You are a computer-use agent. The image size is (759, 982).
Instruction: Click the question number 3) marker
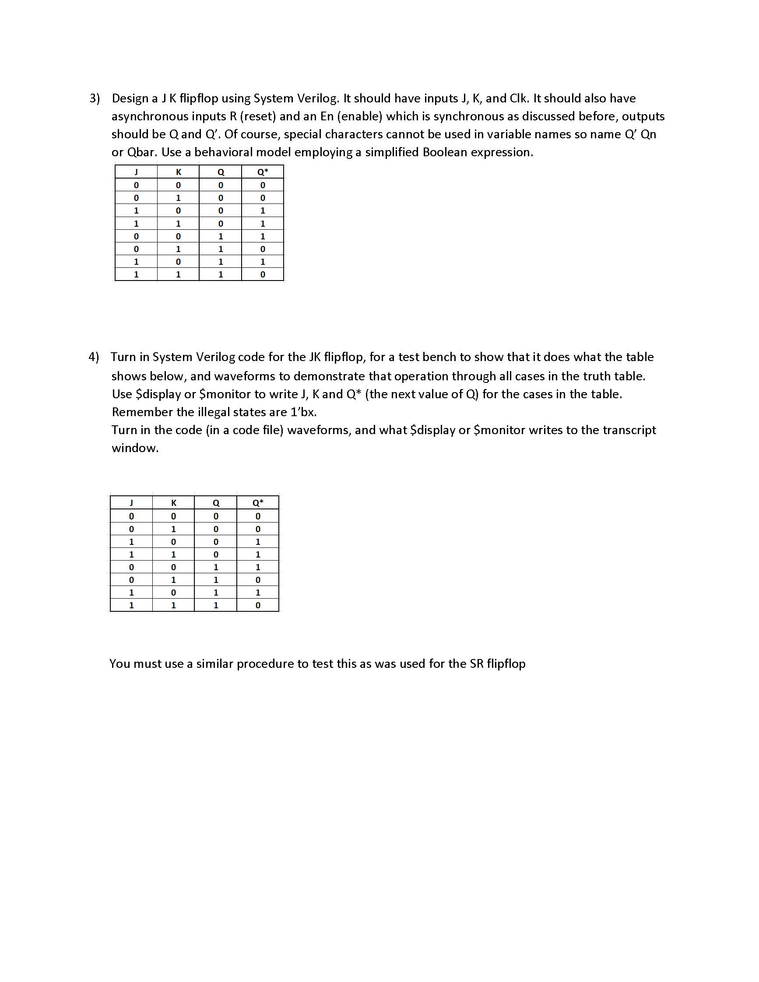pos(95,98)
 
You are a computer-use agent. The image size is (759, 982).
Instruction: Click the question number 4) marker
pos(94,357)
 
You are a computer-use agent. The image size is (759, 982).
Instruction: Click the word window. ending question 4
pos(135,448)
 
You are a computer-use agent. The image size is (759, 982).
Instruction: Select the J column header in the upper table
pos(136,172)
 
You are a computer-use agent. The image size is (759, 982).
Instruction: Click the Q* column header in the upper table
pos(263,172)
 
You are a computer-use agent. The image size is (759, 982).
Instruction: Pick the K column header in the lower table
pos(174,503)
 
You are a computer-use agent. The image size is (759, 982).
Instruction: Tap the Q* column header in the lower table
pos(258,503)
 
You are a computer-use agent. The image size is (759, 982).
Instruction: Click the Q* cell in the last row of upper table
pos(263,274)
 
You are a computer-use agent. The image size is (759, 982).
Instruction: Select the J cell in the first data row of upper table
pos(136,185)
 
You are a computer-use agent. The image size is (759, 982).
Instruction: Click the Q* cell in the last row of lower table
pos(258,605)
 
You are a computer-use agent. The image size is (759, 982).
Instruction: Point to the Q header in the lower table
pos(216,503)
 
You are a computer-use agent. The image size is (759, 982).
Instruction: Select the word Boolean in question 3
pos(444,152)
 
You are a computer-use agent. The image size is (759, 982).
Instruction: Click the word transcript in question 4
pos(629,430)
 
